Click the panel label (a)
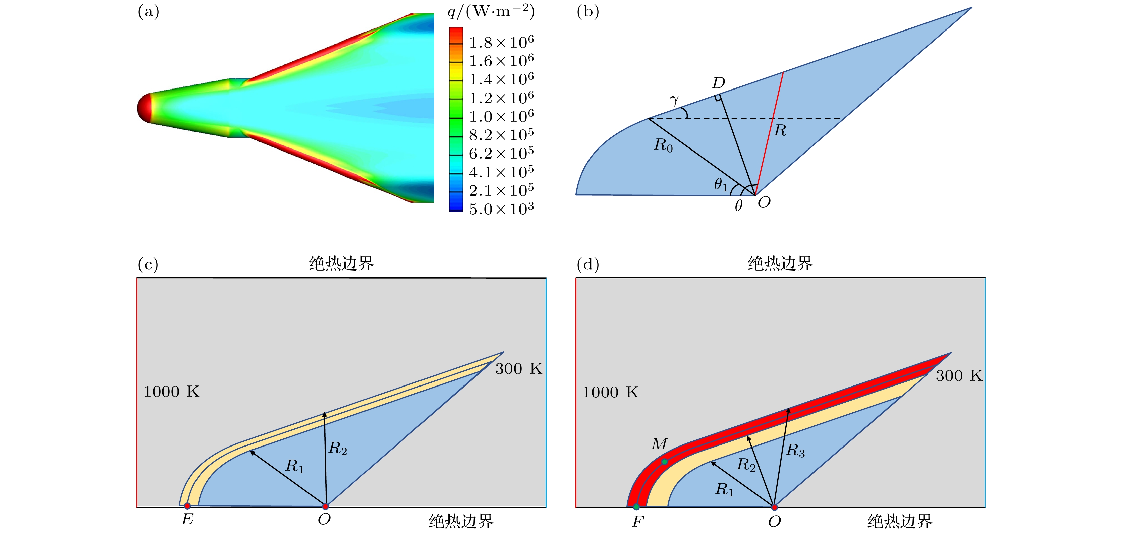coord(149,12)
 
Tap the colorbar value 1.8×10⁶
coord(501,42)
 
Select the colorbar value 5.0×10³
coord(501,209)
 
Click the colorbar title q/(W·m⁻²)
coord(491,11)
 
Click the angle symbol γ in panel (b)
coord(674,101)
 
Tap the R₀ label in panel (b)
coord(663,144)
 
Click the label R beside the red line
coord(780,130)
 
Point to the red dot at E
coord(187,506)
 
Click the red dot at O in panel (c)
coord(325,506)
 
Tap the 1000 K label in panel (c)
coord(171,391)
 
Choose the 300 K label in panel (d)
coord(959,376)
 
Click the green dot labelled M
coord(665,462)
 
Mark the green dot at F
coord(636,507)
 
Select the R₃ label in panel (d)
coord(795,451)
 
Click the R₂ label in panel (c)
coord(338,448)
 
